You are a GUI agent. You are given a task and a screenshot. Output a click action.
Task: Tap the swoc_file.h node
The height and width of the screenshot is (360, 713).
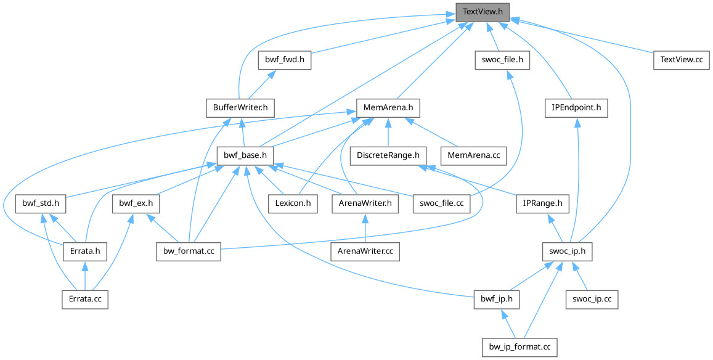click(x=503, y=60)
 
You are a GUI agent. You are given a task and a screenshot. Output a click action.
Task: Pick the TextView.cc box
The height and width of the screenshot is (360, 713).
click(x=681, y=60)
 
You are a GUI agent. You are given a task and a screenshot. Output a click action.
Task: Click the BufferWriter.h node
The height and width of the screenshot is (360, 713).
click(x=239, y=108)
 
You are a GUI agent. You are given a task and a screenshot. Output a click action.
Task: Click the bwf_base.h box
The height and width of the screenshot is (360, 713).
click(x=245, y=155)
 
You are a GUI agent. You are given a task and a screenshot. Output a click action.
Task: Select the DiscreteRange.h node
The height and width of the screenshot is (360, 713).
click(x=388, y=155)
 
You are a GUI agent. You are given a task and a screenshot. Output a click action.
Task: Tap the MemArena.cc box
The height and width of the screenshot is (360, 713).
click(x=473, y=155)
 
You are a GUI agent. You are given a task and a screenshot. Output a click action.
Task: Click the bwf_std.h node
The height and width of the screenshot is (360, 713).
click(x=41, y=203)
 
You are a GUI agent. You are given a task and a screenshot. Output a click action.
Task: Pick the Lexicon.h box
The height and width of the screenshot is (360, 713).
click(x=293, y=203)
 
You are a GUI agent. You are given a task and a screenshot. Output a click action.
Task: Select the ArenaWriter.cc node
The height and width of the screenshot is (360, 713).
click(x=366, y=251)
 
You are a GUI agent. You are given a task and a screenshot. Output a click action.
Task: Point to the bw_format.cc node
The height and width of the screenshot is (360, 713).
click(x=188, y=251)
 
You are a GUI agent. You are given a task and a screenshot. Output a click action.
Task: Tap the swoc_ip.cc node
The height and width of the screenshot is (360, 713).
click(x=592, y=299)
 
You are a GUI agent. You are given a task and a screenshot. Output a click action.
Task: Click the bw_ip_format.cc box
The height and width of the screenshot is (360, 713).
click(x=519, y=347)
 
